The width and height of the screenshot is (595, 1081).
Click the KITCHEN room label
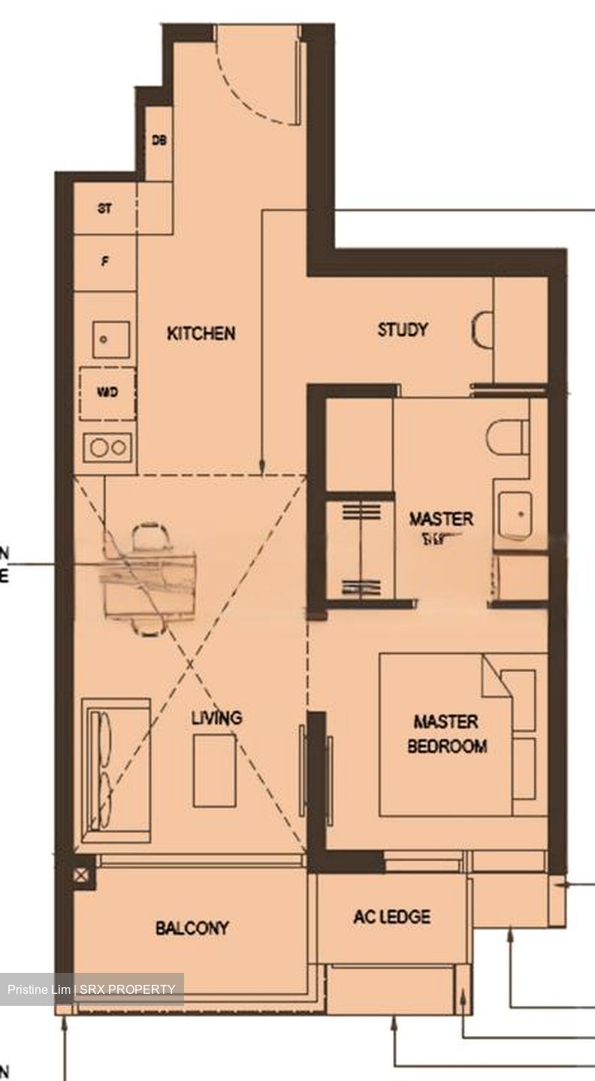coord(201,333)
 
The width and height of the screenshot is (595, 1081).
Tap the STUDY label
coord(403,330)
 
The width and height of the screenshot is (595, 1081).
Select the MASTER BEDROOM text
coord(446,733)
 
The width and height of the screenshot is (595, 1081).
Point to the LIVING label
coord(216,718)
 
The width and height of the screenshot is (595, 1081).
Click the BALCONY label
coord(192,929)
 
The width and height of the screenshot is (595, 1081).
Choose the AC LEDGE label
coord(391,917)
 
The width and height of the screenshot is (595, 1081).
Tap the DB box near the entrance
coord(159,141)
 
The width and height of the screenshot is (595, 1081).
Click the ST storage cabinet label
coord(104,209)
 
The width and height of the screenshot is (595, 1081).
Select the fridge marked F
coord(104,263)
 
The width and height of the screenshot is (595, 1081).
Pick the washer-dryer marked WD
coord(107,393)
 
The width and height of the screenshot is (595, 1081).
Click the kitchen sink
coord(111,339)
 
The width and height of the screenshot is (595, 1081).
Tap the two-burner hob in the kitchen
coord(110,447)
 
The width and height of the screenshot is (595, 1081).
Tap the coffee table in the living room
coord(214,769)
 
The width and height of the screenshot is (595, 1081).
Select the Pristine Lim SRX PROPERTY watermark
coord(92,989)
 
